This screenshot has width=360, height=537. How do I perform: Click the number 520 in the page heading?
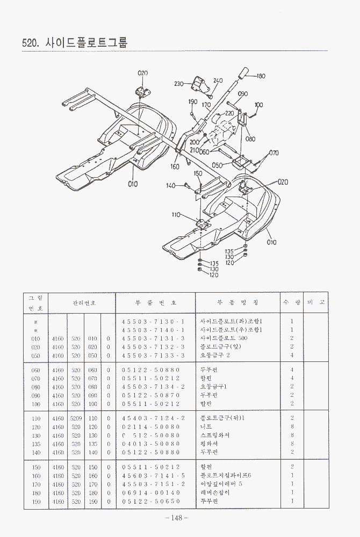tap(30, 42)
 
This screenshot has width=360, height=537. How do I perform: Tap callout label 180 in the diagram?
tap(261, 76)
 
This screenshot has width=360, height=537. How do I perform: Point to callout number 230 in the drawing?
tap(179, 83)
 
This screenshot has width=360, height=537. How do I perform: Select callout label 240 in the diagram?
tap(218, 81)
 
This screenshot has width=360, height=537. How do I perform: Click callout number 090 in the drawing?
tap(242, 93)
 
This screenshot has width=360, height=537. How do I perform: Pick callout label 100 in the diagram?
tap(259, 105)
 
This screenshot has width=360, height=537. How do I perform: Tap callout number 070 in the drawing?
tap(273, 153)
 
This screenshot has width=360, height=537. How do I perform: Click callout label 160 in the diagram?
tap(175, 166)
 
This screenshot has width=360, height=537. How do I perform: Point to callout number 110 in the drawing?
tap(176, 215)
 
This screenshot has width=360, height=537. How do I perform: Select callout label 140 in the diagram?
tap(170, 186)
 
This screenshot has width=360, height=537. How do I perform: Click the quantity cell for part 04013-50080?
tap(292, 444)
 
